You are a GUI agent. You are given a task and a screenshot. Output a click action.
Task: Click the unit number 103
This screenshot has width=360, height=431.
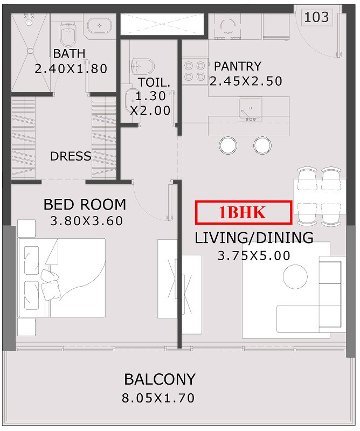click(316, 17)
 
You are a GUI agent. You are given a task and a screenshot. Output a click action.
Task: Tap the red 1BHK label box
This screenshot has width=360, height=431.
click(244, 212)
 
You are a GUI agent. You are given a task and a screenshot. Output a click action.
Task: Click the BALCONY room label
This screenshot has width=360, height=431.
click(160, 379)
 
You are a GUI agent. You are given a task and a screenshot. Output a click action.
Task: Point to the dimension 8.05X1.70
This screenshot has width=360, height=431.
click(158, 398)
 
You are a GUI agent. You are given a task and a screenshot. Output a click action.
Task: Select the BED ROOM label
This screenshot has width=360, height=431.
click(85, 205)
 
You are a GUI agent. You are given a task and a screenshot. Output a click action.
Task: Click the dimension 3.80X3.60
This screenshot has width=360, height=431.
click(86, 221)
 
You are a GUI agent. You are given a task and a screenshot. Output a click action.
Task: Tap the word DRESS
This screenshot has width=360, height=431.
click(71, 156)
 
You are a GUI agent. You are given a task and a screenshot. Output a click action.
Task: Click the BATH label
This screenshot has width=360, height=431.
click(69, 53)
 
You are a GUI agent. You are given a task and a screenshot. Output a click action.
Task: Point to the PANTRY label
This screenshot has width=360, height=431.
click(238, 66)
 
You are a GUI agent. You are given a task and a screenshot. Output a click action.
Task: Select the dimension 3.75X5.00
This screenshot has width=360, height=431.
click(254, 255)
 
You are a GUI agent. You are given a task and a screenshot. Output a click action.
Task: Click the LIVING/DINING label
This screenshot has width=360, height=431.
click(254, 238)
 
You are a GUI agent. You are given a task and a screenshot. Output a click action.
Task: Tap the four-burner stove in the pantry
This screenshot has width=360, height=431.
click(195, 71)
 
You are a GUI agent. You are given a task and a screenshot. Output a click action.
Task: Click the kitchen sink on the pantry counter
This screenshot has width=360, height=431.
click(250, 109)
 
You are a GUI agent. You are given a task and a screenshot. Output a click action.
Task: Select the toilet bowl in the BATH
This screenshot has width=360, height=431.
click(68, 34)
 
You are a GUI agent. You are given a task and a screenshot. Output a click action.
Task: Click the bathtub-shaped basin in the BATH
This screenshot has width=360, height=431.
click(100, 25)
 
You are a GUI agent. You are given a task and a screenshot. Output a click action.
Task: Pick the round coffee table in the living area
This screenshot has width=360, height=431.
click(295, 276)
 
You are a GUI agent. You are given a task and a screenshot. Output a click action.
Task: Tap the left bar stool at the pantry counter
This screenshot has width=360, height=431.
click(228, 145)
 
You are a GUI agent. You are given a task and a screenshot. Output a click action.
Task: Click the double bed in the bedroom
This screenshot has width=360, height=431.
click(61, 277)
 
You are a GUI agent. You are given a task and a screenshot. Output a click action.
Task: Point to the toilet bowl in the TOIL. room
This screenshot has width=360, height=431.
click(142, 66)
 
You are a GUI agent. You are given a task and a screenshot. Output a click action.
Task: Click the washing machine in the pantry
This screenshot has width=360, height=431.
click(227, 26)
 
